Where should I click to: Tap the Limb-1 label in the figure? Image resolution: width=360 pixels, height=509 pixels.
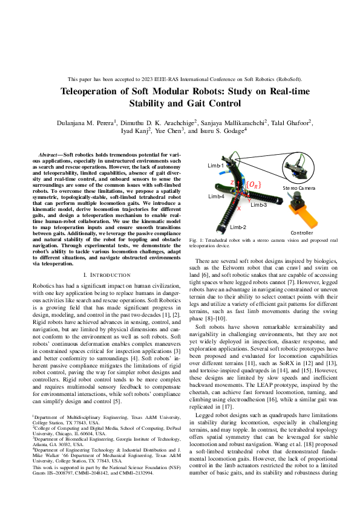(x=216, y=165)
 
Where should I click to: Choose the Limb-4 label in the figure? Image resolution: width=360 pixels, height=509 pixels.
(x=217, y=197)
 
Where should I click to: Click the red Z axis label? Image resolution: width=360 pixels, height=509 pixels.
(x=232, y=182)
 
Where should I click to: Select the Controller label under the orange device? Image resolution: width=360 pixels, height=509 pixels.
(x=301, y=232)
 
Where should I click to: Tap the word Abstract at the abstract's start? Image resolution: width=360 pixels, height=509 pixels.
(x=49, y=156)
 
